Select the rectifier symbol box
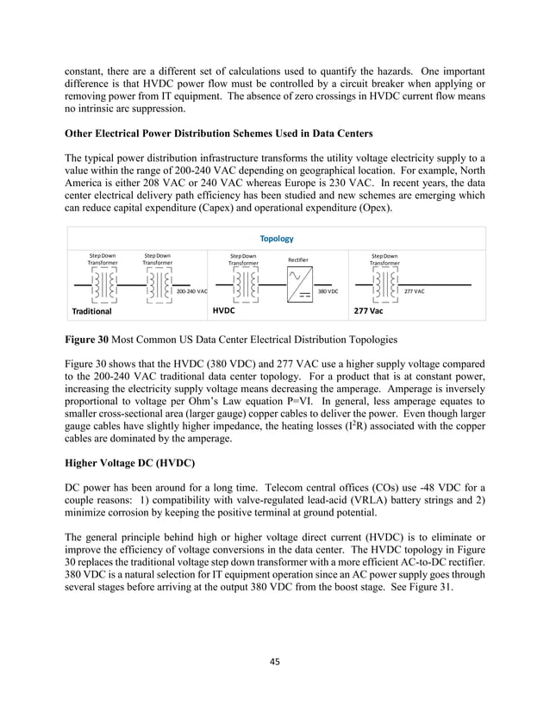(299, 284)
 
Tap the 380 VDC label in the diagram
(328, 292)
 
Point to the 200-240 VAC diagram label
(191, 292)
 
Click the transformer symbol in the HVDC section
(243, 284)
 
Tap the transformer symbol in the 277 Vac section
(384, 284)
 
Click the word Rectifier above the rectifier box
(298, 261)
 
